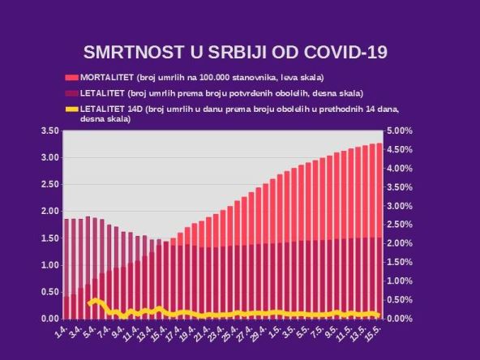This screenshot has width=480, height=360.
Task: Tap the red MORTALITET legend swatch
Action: point(71,78)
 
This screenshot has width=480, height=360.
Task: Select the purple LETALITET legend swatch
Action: point(71,93)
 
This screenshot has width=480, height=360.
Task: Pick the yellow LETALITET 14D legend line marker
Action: point(71,108)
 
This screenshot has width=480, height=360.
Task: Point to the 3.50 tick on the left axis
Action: point(49,131)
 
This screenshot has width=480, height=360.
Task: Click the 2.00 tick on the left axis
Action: point(49,211)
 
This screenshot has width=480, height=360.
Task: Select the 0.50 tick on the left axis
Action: point(49,292)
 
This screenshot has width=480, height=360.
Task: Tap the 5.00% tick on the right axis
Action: point(401,131)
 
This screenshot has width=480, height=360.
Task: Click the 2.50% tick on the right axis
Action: point(401,225)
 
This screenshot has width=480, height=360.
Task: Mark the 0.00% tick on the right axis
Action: point(401,319)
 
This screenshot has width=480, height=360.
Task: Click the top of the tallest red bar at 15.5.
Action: point(379,144)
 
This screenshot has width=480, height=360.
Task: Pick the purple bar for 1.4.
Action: point(66,259)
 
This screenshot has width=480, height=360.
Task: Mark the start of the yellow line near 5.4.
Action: point(88,304)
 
